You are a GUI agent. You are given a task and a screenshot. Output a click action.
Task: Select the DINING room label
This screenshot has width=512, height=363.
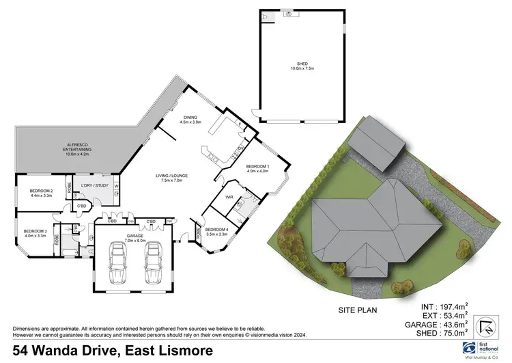point(190,118)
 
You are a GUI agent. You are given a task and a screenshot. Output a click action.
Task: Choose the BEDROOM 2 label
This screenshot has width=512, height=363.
point(42,193)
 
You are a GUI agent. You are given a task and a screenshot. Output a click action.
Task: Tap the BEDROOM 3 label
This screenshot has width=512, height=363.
point(36,234)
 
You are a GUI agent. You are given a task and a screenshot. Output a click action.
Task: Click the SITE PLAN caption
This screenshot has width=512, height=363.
point(356,310)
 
